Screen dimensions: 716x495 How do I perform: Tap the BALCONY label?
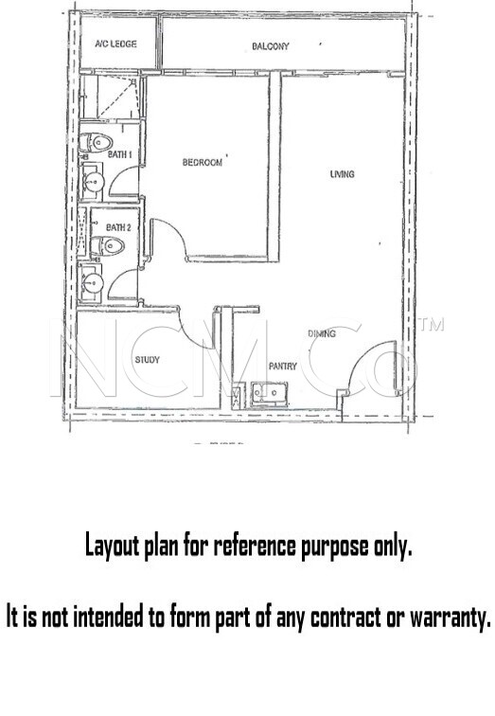tap(270, 46)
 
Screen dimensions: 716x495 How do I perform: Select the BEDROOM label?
tap(203, 162)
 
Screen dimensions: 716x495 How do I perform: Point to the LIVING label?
tap(342, 173)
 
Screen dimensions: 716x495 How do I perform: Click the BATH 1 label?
tap(117, 153)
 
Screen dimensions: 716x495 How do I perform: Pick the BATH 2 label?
tap(118, 227)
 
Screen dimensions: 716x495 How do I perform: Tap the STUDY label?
tap(147, 360)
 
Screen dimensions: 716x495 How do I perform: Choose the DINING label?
tap(322, 334)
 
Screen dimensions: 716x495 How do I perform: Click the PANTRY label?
tap(283, 366)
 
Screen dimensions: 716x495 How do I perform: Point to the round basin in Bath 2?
tap(92, 281)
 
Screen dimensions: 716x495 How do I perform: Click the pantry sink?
tap(270, 390)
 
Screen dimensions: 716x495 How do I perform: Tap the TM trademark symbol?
tap(432, 325)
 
